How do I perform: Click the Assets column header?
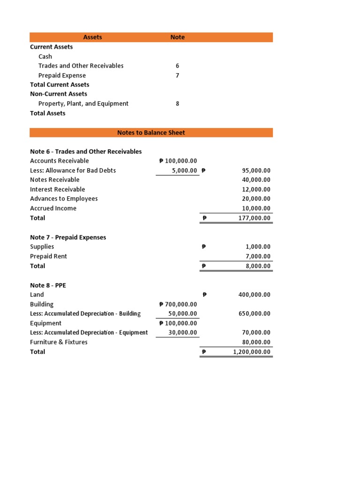point(92,37)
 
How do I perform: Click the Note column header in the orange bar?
point(177,37)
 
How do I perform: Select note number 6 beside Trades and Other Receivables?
point(177,66)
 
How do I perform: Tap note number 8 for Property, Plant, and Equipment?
point(177,104)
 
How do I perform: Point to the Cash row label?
point(45,57)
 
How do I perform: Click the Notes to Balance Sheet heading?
point(151,133)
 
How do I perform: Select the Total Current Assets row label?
point(60,85)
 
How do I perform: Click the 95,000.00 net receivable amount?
point(254,171)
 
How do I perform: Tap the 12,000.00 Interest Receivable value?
point(254,189)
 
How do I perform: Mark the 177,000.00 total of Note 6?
point(252,218)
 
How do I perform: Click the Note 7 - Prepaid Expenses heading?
point(68,237)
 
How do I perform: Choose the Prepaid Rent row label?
point(48,256)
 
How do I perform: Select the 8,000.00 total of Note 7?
point(257,266)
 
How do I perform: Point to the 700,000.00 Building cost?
point(178,304)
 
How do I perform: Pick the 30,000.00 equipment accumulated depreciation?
point(183,333)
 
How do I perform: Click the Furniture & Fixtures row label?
point(59,342)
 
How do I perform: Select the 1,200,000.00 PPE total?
point(249,352)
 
